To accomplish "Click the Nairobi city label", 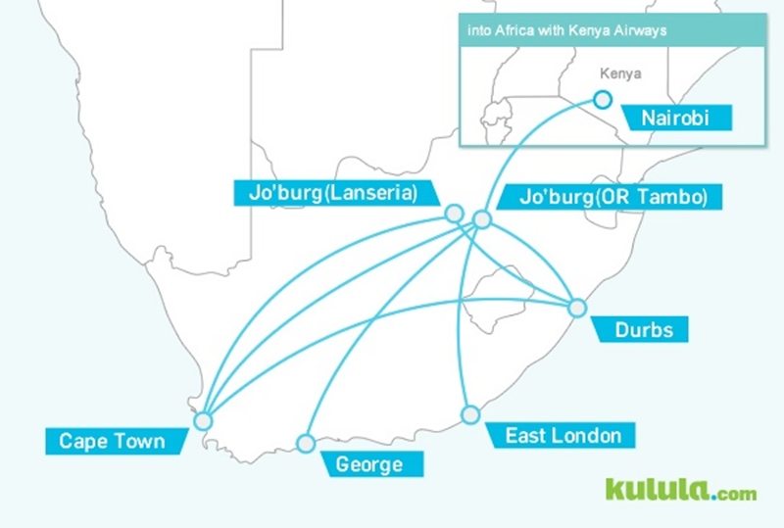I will coord(673,120).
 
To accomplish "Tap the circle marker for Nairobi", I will coord(603,99).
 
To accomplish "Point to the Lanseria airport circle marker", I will coord(453,213).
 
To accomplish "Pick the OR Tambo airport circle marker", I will coord(482,219).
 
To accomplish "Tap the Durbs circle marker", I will coord(577,308).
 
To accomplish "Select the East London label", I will coord(563,435).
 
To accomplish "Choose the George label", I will coord(369,464).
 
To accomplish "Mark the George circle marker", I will coord(306,443).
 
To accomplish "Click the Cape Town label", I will coord(112,442).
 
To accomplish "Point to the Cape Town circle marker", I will coord(203,421).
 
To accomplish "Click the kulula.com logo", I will coord(680,490).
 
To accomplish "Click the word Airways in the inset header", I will coord(643,30).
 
